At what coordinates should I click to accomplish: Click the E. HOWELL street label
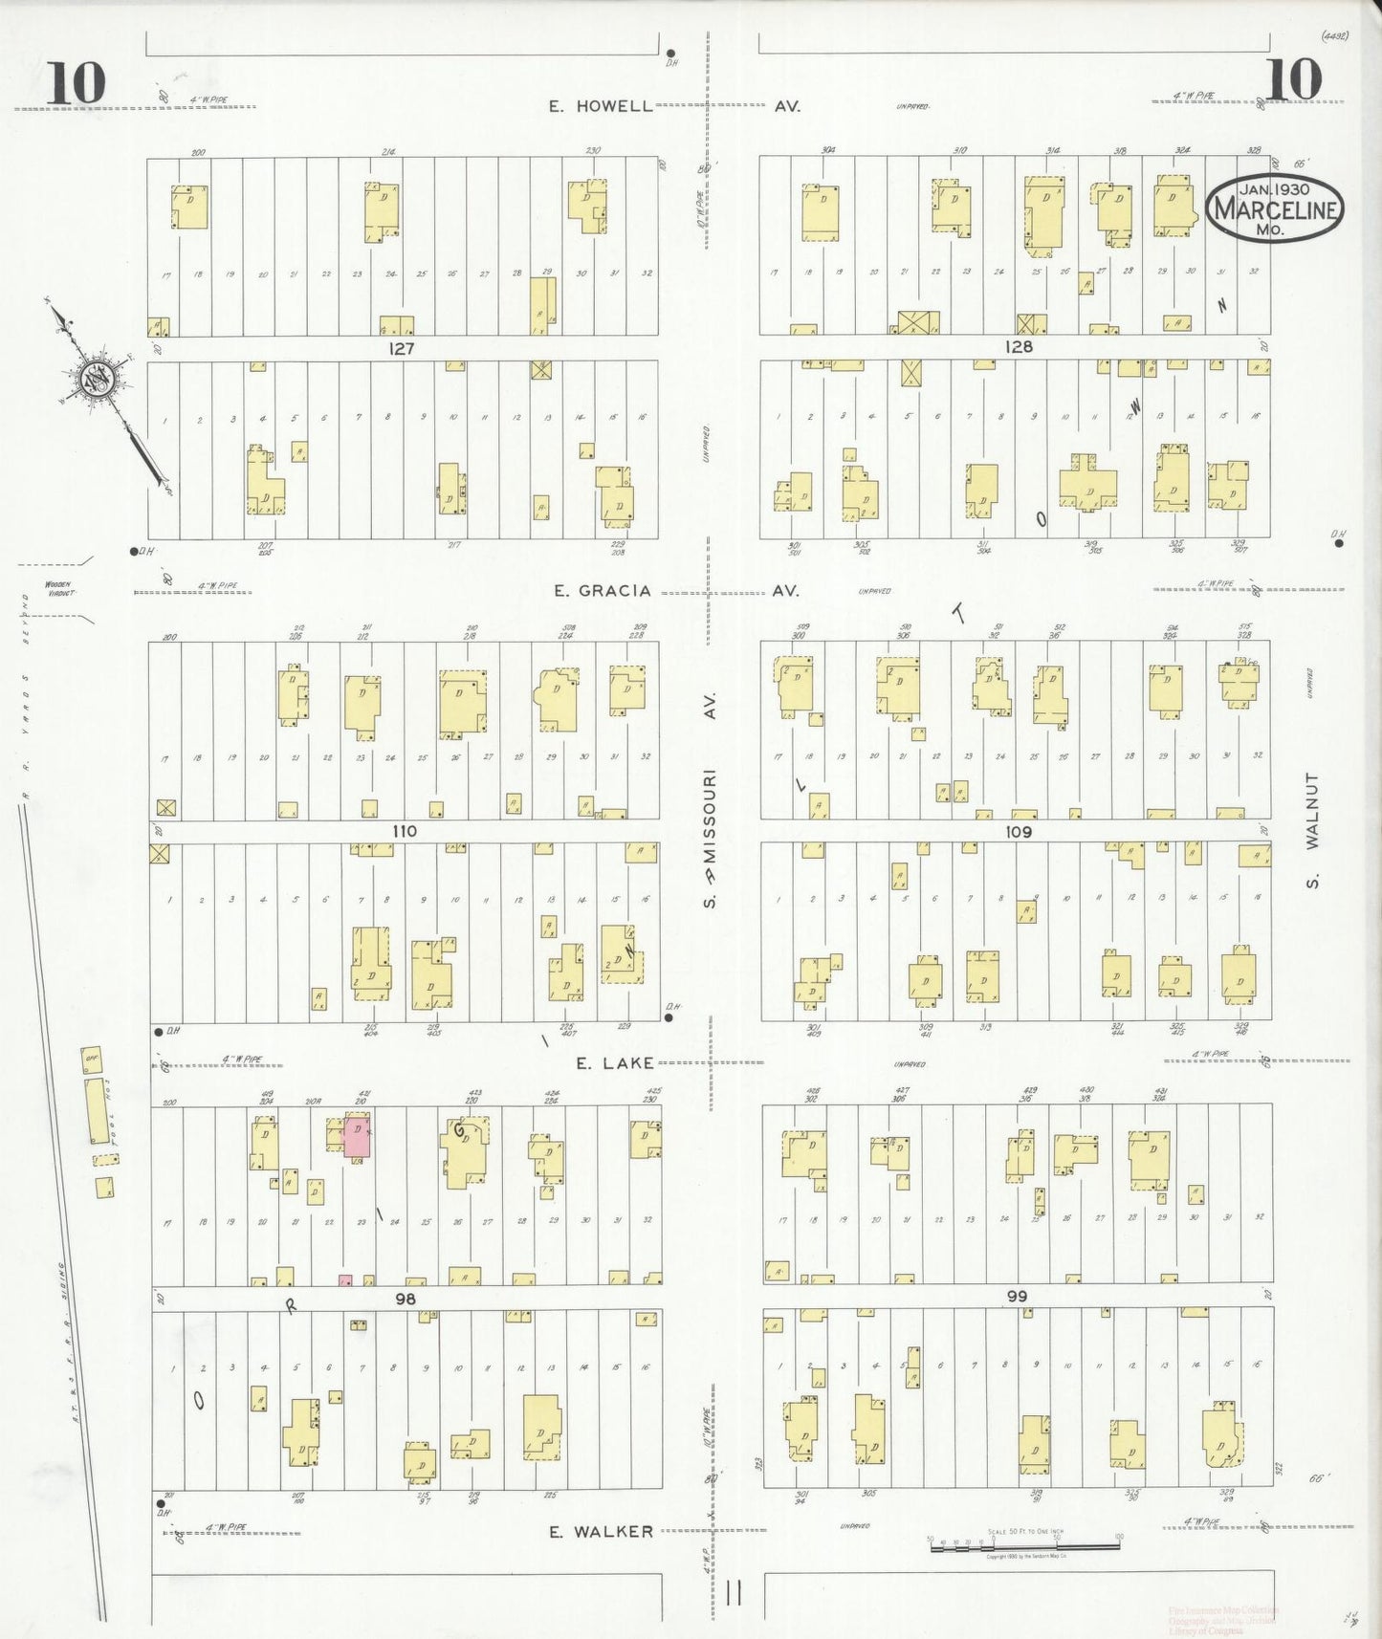coord(601,106)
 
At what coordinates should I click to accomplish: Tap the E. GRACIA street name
coord(603,591)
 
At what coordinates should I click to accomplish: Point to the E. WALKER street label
coord(601,1531)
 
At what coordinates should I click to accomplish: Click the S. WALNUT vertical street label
coord(1312,830)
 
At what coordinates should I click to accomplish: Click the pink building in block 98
coord(358,1135)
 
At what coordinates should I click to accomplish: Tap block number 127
coord(401,348)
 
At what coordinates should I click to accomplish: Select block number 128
coord(1019,347)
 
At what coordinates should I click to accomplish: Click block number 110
coord(404,831)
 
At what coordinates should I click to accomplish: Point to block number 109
coord(1019,832)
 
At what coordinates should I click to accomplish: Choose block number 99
coord(1016,1297)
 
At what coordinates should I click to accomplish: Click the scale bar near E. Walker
coord(1023,1542)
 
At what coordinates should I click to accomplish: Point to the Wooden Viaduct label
coord(59,588)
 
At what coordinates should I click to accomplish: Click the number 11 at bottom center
coord(734,1593)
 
